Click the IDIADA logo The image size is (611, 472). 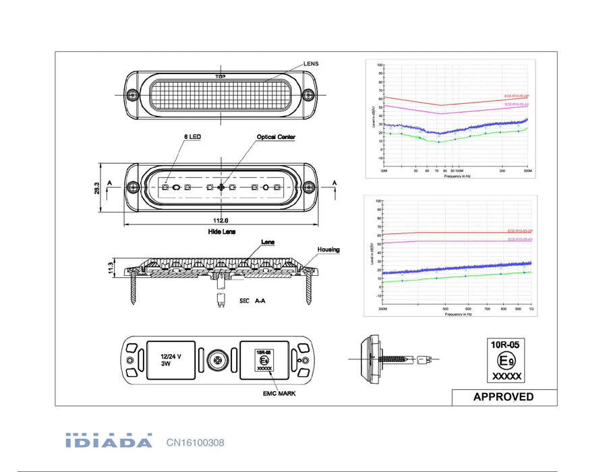pyautogui.click(x=109, y=442)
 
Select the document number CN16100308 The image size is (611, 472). pyautogui.click(x=195, y=443)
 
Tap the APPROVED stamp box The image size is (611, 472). pyautogui.click(x=503, y=397)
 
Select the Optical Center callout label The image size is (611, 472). pyautogui.click(x=276, y=137)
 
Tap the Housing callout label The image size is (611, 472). pyautogui.click(x=328, y=249)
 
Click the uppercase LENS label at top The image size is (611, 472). pyautogui.click(x=310, y=63)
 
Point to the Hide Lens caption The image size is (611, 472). pyautogui.click(x=221, y=231)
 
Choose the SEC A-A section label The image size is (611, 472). pyautogui.click(x=252, y=303)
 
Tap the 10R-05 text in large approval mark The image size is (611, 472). pyautogui.click(x=505, y=345)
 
